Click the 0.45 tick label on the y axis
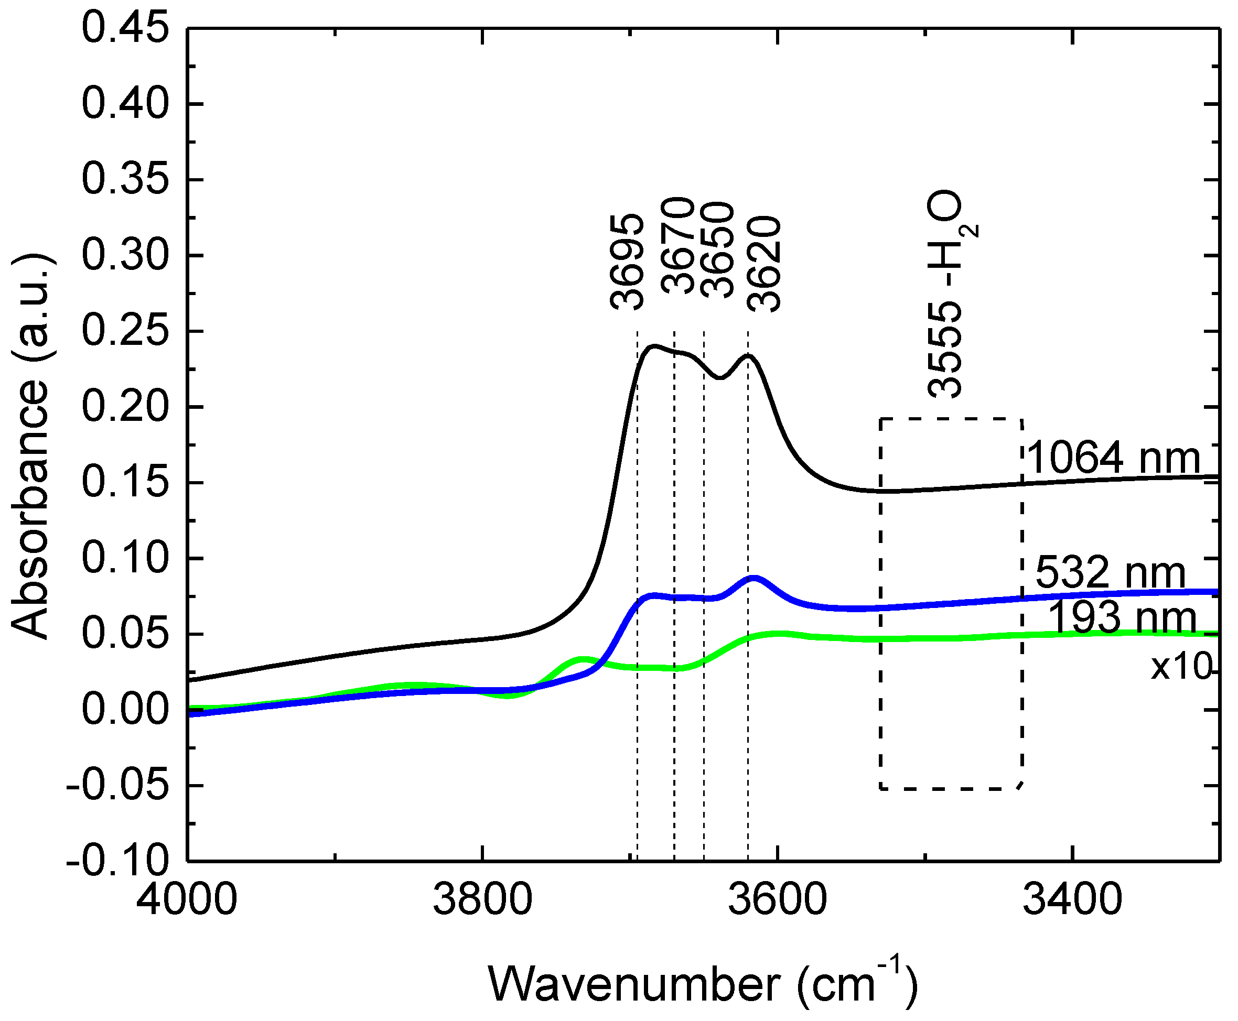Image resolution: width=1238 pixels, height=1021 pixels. click(125, 28)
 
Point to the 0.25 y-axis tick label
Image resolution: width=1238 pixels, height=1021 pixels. click(125, 331)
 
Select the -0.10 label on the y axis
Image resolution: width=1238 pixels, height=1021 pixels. click(117, 862)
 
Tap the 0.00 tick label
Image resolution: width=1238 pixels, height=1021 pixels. click(125, 710)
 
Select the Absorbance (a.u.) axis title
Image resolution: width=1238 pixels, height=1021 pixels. click(30, 447)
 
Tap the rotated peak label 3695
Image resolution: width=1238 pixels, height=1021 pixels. click(627, 262)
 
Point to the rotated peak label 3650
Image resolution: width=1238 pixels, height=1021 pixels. click(717, 250)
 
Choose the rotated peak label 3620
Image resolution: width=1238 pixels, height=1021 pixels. click(763, 265)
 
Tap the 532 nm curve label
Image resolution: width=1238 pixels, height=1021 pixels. click(1110, 572)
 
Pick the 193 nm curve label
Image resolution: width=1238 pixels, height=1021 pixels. click(1122, 617)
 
